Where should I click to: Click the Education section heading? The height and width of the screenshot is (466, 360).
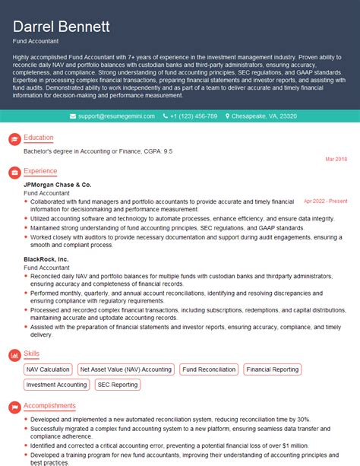(39, 138)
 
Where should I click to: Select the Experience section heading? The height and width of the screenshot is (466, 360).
(41, 171)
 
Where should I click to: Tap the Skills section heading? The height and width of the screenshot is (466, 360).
(33, 353)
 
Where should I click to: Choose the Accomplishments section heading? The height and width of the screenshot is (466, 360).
(49, 406)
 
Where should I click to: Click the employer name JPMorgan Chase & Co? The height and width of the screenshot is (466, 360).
(57, 185)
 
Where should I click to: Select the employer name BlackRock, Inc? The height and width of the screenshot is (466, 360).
(46, 259)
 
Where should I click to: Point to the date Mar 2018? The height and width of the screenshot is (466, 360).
(336, 159)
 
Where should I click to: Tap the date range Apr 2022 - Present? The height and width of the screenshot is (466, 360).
(325, 201)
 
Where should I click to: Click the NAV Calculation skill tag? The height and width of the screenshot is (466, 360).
(47, 369)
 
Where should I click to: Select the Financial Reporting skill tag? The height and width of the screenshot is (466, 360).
(272, 369)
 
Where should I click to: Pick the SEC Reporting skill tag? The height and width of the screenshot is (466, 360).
(118, 385)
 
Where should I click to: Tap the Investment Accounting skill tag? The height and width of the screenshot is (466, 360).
(56, 385)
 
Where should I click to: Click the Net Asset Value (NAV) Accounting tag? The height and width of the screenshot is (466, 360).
(125, 369)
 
